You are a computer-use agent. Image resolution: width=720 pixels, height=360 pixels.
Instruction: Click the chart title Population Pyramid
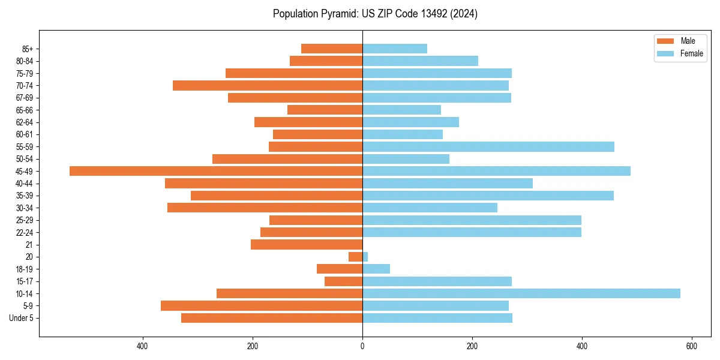click(x=375, y=14)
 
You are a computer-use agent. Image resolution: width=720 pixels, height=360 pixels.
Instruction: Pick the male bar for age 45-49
click(x=216, y=171)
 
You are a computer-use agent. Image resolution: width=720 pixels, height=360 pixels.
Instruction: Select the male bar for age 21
click(x=307, y=244)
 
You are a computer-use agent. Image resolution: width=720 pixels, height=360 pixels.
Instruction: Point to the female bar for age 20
click(x=365, y=257)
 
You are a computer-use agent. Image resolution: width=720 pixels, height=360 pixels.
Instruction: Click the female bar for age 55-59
click(x=488, y=146)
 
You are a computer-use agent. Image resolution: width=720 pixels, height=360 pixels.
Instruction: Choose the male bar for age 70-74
click(x=268, y=85)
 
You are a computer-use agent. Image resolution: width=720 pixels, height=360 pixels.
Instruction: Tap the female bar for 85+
click(x=395, y=49)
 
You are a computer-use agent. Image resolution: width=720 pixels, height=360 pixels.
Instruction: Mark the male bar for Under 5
click(x=272, y=318)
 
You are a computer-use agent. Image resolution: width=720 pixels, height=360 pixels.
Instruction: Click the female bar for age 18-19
click(x=376, y=269)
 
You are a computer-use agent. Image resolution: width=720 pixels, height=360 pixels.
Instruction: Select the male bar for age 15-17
click(x=344, y=281)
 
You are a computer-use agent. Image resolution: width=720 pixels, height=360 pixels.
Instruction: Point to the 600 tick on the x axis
click(x=691, y=346)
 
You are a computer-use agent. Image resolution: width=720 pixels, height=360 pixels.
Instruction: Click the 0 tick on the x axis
click(x=362, y=346)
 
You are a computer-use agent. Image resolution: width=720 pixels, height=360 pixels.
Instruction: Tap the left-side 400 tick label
click(x=142, y=346)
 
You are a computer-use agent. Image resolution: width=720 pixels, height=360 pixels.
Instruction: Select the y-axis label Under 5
click(x=22, y=318)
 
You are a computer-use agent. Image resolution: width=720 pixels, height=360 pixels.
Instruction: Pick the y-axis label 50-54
click(x=25, y=159)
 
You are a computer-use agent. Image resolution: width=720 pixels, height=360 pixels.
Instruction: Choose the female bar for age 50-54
click(x=406, y=159)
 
